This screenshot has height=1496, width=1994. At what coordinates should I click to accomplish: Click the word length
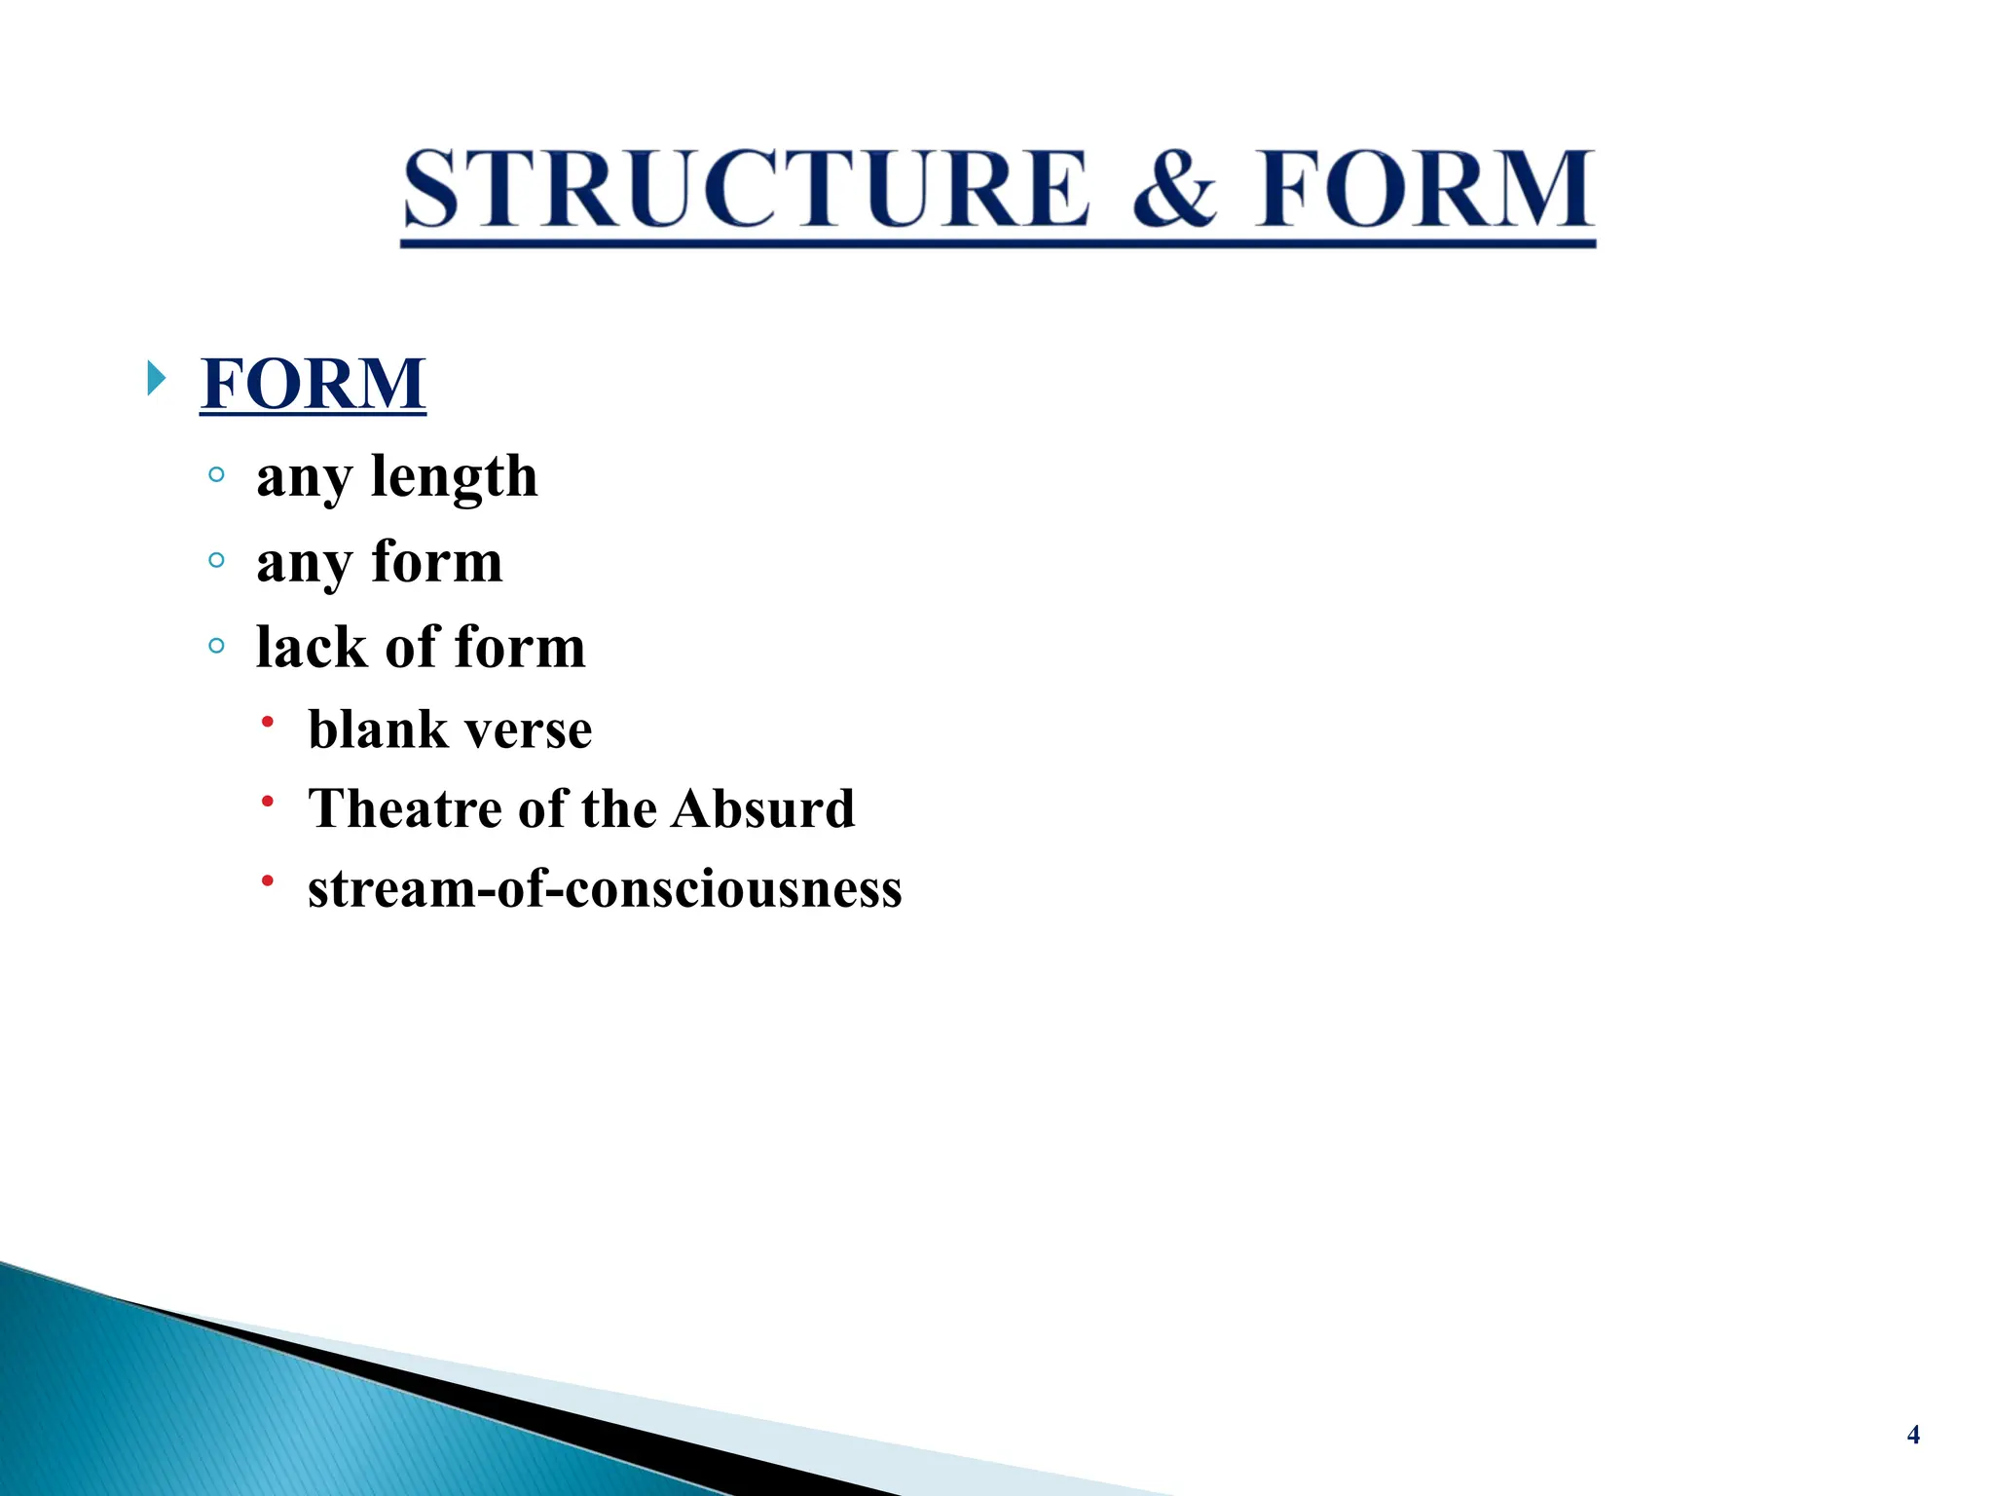pos(454,476)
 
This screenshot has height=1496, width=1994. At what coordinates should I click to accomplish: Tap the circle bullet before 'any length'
pos(216,475)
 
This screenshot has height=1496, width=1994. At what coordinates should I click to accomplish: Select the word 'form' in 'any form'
pos(436,562)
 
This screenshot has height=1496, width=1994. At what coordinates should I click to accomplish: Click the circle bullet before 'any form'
pos(216,560)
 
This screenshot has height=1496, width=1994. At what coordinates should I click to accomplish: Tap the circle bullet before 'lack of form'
pos(216,646)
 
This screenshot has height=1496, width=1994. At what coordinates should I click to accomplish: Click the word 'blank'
pos(367,729)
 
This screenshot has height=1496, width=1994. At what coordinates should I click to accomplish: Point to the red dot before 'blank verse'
pos(268,722)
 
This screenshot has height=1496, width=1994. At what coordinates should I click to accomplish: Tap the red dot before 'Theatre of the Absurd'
pos(268,802)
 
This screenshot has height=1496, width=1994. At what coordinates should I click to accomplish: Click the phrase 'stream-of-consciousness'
pos(605,888)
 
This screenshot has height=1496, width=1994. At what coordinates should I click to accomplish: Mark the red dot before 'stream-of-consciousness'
pos(268,880)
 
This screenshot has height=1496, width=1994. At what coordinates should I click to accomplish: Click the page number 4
pos(1912,1435)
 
